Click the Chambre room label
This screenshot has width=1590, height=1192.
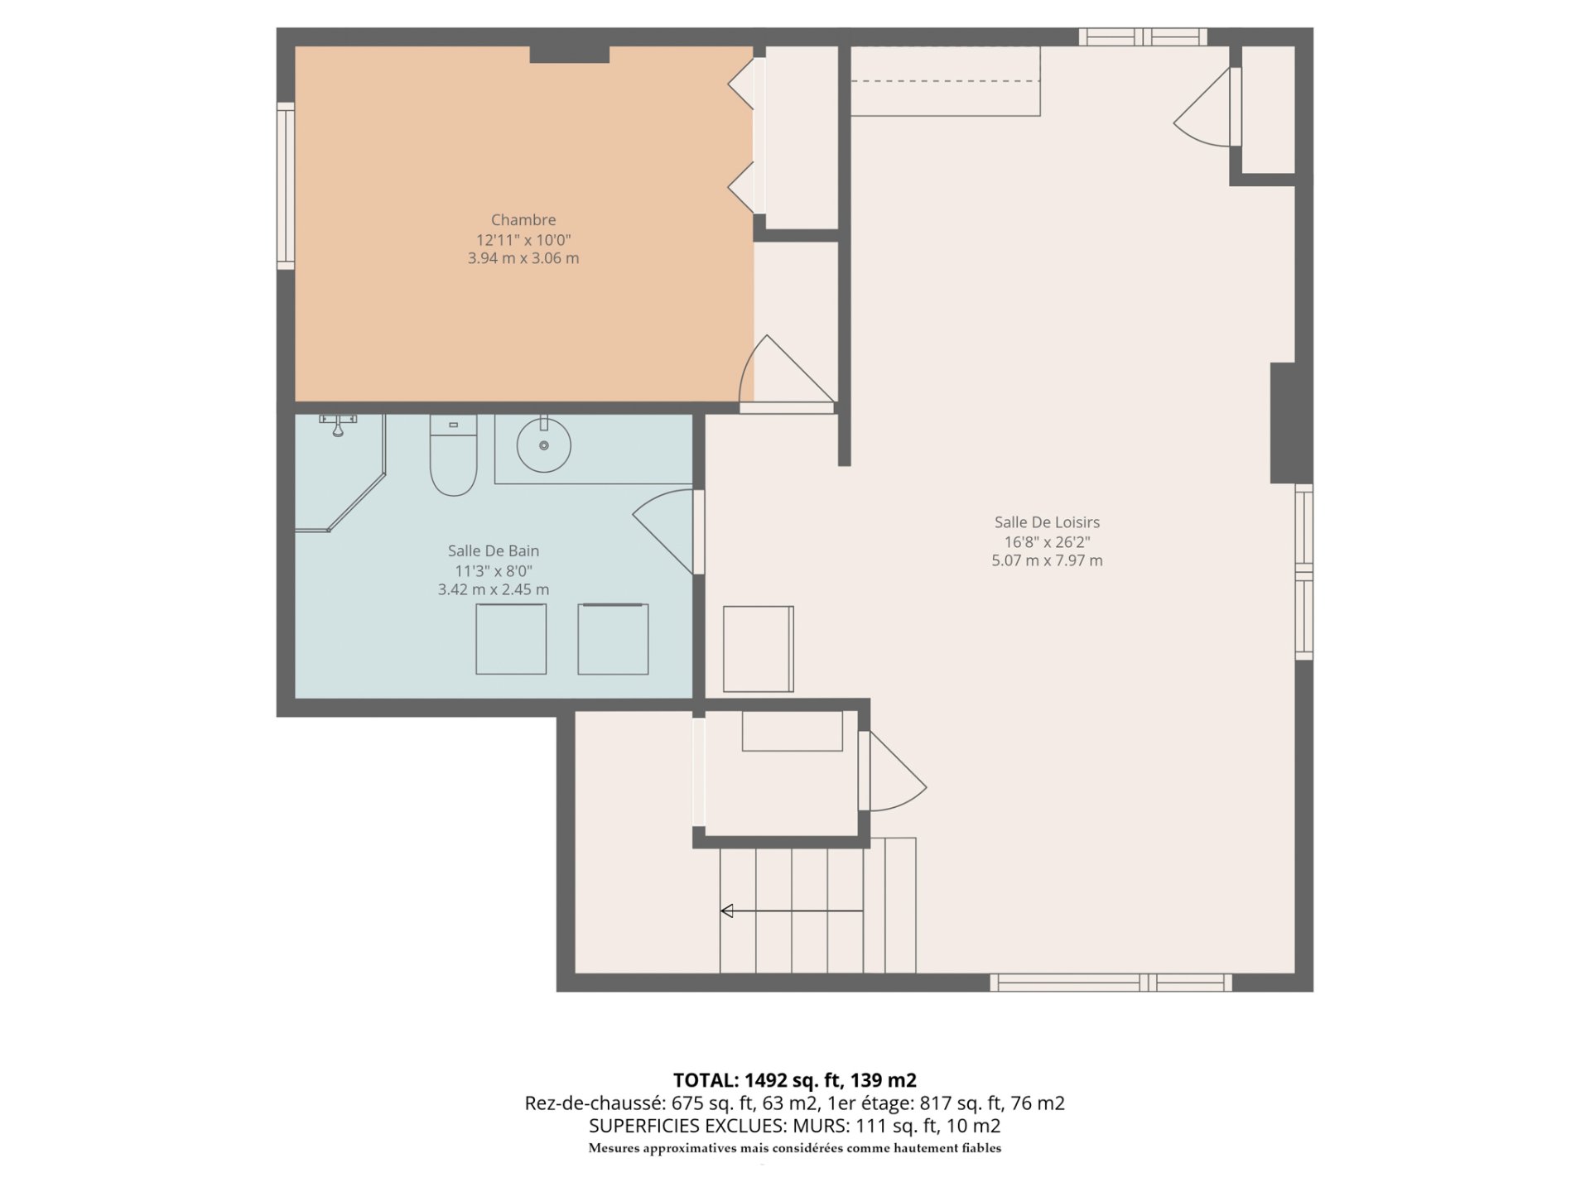[x=523, y=220]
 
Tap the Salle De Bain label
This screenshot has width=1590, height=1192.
[x=493, y=551]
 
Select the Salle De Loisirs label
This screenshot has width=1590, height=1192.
[x=1047, y=522]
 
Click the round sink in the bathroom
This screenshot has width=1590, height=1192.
[x=544, y=445]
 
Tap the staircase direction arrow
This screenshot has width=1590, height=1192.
[x=791, y=911]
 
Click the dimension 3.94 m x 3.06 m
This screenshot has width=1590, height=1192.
[x=523, y=258]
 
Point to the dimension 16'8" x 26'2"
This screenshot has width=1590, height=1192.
[x=1047, y=542]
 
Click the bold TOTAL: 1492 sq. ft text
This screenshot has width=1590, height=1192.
[x=794, y=1080]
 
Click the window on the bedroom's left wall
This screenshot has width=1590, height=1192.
[x=286, y=185]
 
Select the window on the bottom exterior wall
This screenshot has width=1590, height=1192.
[x=1110, y=983]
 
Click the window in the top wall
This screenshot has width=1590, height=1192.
[x=1142, y=36]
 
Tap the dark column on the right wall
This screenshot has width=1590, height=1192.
[x=1283, y=422]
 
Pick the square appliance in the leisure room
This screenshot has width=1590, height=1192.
[x=758, y=649]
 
